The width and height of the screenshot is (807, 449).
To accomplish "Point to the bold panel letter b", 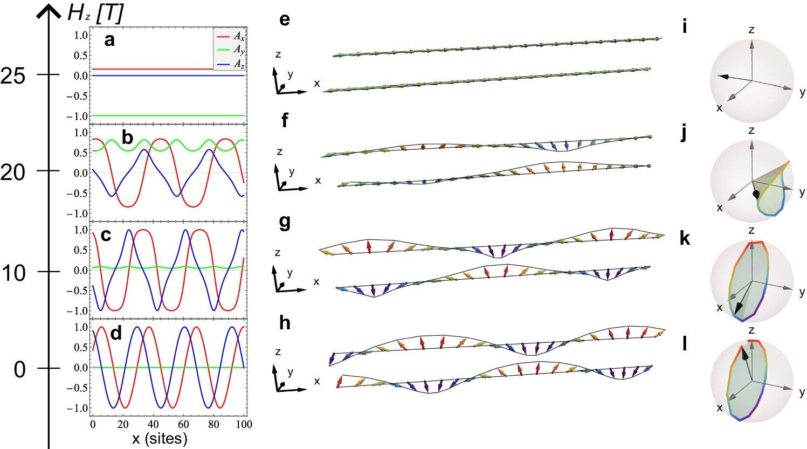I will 127,137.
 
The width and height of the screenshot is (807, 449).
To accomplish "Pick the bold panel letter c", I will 106,236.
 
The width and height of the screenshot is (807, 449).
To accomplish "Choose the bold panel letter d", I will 116,333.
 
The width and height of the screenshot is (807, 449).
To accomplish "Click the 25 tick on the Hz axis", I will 13,76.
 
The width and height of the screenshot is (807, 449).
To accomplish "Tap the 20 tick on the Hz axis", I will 13,172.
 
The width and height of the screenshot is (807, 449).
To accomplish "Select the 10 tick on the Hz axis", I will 13,273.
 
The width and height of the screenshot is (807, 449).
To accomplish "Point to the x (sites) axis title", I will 160,439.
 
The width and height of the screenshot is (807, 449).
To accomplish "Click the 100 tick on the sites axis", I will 244,425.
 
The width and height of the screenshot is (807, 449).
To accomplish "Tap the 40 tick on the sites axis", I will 153,425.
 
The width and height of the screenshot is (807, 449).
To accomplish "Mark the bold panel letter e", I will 285,19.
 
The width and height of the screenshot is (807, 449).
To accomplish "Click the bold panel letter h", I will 285,323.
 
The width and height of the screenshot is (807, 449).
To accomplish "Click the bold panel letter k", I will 685,238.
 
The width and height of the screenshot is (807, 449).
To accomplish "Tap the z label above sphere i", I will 751,30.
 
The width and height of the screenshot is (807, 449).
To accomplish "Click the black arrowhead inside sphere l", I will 745,354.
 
